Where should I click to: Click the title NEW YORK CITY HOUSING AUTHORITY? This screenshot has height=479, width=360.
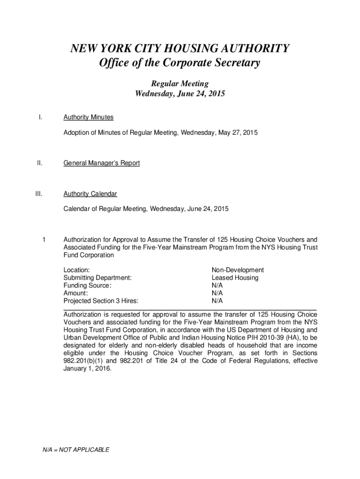pos(180,49)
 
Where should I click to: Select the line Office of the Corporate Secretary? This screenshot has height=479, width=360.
pos(180,63)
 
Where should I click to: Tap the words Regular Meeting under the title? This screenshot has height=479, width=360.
pos(180,84)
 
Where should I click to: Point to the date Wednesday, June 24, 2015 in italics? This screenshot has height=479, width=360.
pos(180,94)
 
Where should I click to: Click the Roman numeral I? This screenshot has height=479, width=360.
pos(40,117)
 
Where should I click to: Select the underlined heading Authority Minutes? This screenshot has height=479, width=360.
pos(88,117)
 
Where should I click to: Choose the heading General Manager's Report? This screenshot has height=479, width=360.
pos(101,163)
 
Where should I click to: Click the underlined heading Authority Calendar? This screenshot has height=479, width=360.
pos(90,194)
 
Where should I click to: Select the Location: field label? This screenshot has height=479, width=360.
pos(77,270)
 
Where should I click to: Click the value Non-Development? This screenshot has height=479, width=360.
pos(238,270)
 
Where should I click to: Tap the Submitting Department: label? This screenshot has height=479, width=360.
pos(97,278)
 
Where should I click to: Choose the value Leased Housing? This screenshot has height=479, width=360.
pos(235,278)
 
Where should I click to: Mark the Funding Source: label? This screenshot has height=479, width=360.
pos(87,285)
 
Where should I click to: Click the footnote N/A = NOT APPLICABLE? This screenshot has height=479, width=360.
pos(76,450)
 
